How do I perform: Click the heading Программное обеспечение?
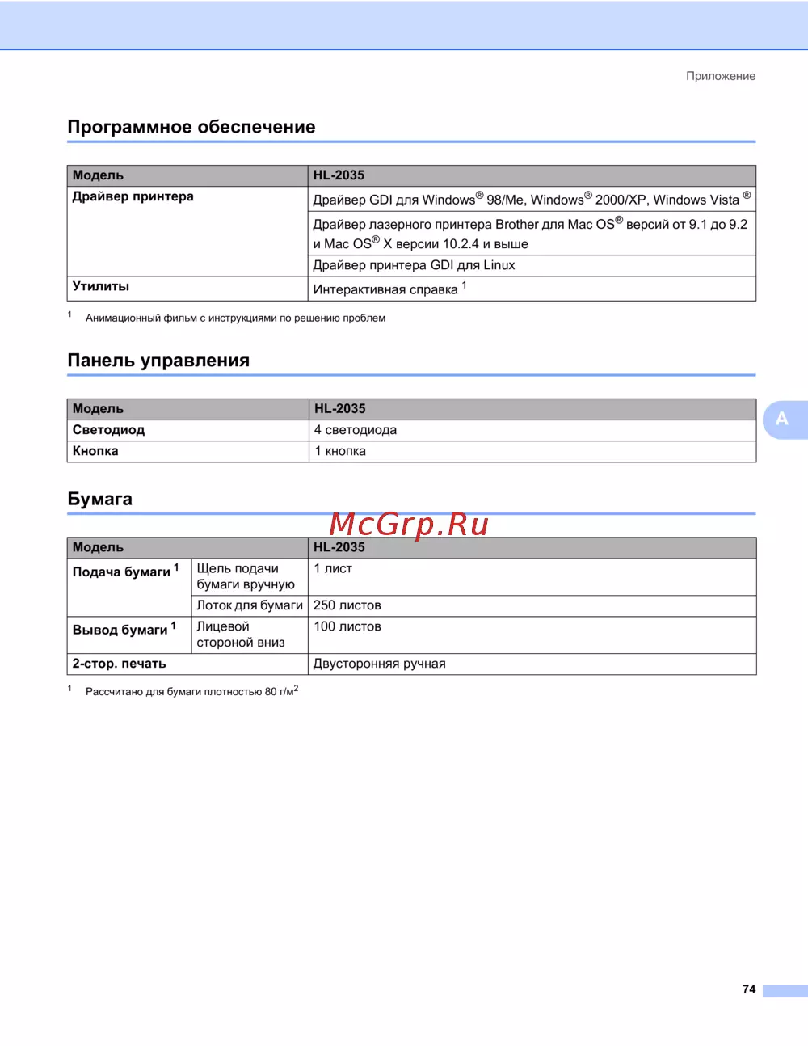coord(191,127)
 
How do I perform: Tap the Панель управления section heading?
coord(158,361)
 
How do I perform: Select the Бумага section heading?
coord(100,499)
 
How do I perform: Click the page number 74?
coord(749,989)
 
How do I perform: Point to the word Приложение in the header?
coord(721,76)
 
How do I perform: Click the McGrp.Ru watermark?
coord(409,525)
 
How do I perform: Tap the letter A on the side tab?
coord(781,419)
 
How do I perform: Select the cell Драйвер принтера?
coord(133,196)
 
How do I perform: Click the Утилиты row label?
coord(101,286)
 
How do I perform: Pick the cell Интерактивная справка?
coord(385,289)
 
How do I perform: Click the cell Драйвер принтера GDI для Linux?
coord(414,265)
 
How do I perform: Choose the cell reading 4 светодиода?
coord(356,430)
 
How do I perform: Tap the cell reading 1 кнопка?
coord(340,451)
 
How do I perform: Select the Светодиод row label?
coord(108,430)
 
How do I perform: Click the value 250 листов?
coord(347,605)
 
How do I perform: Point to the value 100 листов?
coord(347,626)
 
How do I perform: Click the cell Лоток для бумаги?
coord(250,605)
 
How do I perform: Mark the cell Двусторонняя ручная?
coord(380,664)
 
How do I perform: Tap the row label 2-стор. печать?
coord(120,664)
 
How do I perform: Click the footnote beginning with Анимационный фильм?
coord(235,318)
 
